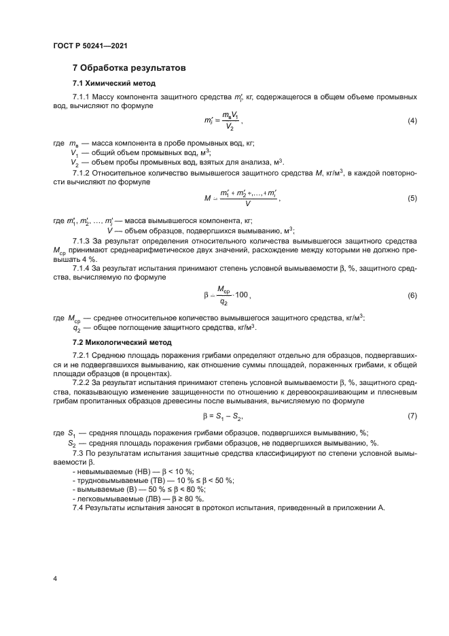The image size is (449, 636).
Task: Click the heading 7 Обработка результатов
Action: [x=129, y=68]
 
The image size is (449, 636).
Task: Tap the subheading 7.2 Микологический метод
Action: [x=122, y=341]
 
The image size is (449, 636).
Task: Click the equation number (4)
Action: [x=412, y=121]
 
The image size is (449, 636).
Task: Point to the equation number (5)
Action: [x=412, y=199]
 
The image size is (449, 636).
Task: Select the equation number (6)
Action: [x=412, y=295]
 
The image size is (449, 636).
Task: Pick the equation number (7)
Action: [x=412, y=416]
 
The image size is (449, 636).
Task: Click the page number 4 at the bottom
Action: [x=54, y=578]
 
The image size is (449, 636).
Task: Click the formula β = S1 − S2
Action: [x=223, y=416]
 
